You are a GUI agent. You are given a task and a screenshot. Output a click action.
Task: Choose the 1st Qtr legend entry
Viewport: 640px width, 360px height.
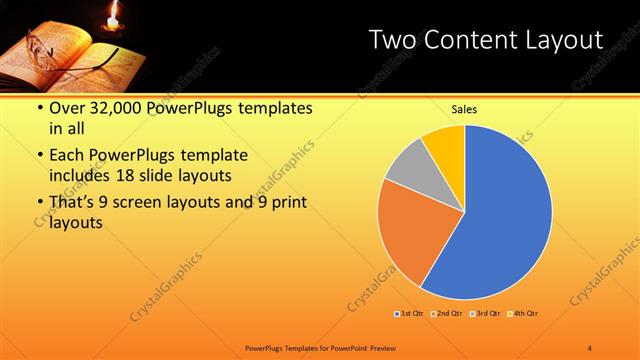(x=410, y=313)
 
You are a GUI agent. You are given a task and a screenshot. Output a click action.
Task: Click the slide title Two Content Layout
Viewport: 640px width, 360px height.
(x=485, y=40)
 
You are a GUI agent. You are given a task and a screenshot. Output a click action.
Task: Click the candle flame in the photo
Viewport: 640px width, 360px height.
(x=113, y=14)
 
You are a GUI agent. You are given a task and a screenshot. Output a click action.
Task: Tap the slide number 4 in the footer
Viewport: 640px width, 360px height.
(x=590, y=347)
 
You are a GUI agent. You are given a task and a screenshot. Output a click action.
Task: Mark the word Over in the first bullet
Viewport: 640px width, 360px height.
(x=67, y=109)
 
